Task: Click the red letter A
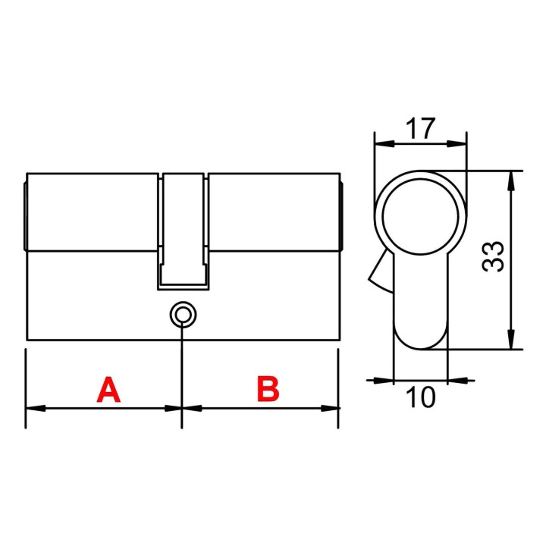[108, 389]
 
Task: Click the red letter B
[268, 388]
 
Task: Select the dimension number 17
[421, 128]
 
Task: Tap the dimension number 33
[493, 256]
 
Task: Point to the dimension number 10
[421, 397]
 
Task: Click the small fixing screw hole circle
[183, 315]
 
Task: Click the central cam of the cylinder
[184, 231]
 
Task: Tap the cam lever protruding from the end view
[381, 271]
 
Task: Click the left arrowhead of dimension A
[36, 408]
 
